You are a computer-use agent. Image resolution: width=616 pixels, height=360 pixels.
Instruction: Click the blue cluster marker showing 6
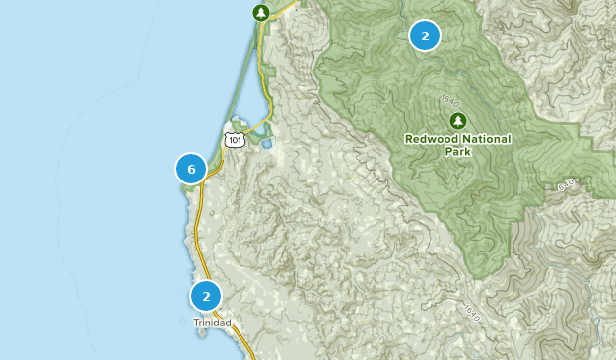191,170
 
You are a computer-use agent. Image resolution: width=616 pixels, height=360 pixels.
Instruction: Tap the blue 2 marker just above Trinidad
206,296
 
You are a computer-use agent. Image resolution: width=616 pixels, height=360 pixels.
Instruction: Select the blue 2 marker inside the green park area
425,36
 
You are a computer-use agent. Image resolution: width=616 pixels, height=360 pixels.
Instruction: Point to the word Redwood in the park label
433,140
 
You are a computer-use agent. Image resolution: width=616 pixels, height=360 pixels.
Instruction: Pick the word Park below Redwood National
457,153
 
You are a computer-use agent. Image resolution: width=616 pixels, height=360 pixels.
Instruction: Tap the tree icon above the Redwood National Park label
457,121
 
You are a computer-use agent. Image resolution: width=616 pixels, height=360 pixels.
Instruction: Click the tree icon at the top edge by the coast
260,13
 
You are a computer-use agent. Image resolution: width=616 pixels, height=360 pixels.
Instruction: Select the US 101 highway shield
234,139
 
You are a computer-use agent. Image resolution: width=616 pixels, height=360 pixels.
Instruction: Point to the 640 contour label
566,184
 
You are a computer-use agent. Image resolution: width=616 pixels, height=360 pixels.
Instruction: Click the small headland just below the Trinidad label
202,333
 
